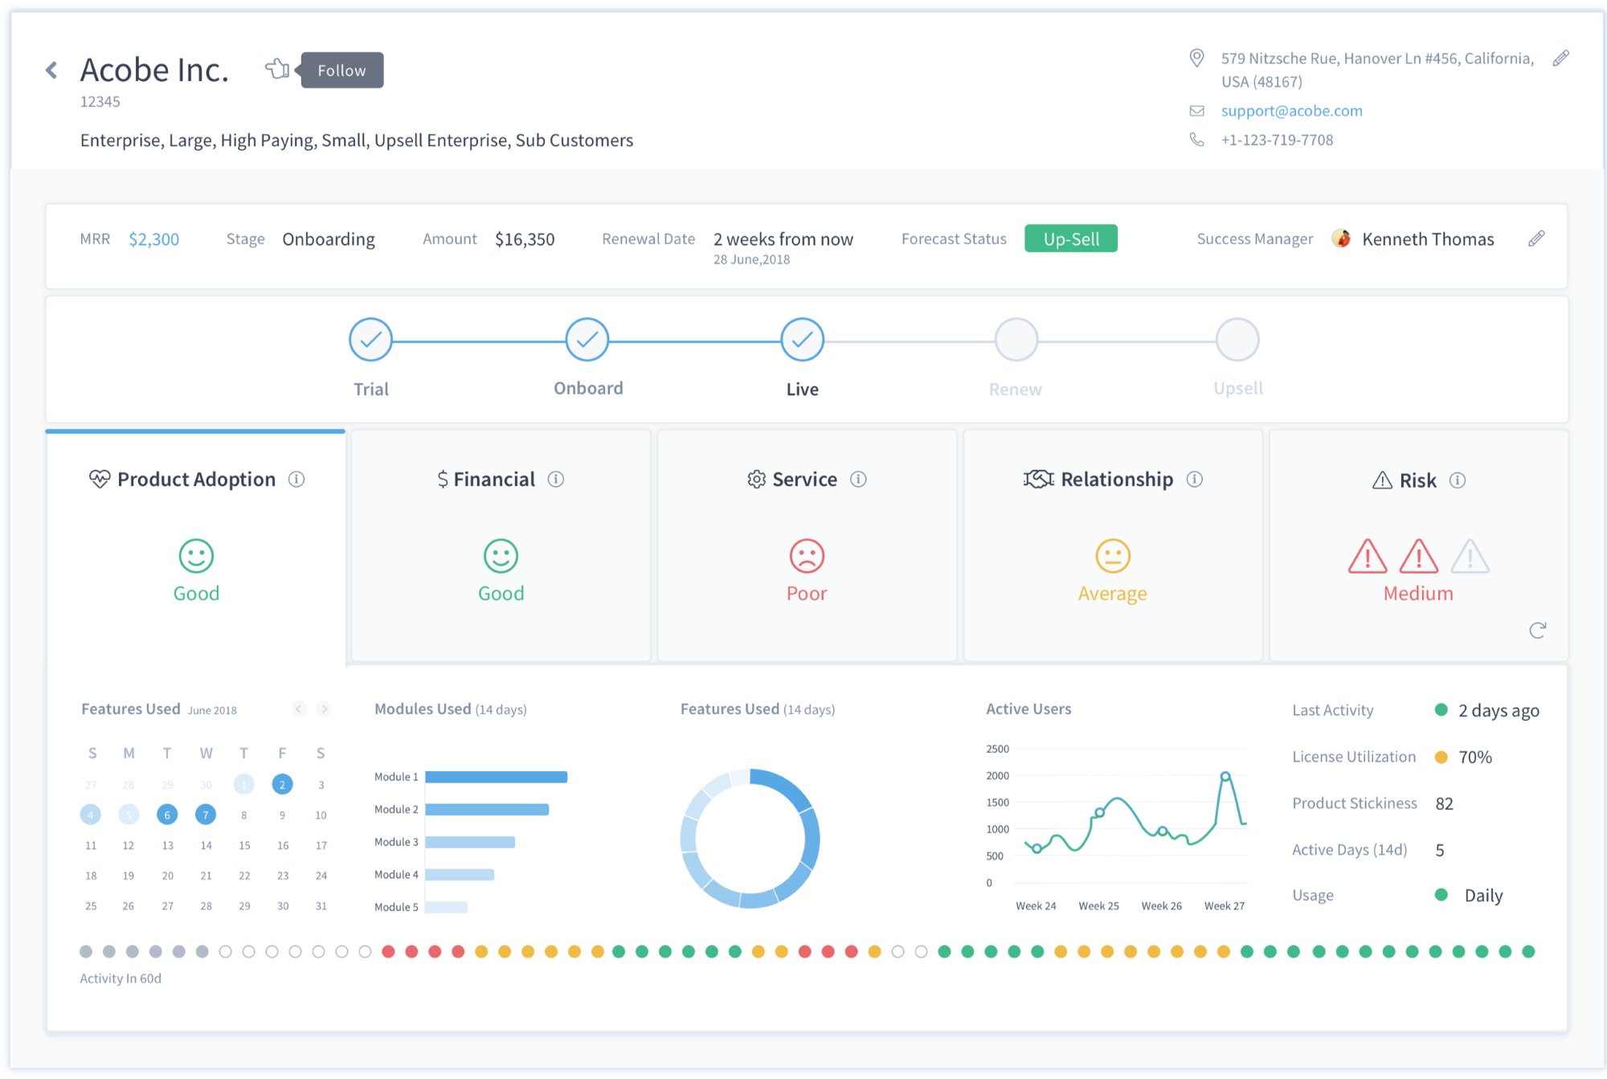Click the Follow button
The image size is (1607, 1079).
coord(341,71)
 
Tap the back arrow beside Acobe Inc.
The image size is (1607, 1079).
coord(52,71)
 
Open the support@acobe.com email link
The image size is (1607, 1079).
coord(1291,111)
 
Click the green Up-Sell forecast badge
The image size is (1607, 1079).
coord(1070,239)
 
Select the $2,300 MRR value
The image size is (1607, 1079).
coord(153,239)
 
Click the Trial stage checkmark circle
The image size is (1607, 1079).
coord(370,340)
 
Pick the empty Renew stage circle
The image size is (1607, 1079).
coord(1016,340)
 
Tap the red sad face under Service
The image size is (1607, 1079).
coord(807,556)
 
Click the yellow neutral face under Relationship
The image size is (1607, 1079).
coord(1113,556)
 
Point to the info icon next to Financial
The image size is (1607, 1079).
coord(556,480)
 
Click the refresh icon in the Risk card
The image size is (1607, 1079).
coord(1537,631)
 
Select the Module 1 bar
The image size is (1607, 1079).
coord(496,777)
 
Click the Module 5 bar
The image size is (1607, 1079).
coord(446,907)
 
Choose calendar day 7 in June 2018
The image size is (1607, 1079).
coord(206,815)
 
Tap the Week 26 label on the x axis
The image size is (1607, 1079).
coord(1161,906)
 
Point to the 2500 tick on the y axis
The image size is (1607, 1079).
coord(997,749)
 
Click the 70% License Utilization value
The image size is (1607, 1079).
coord(1474,757)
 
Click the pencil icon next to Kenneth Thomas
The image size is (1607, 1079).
coord(1536,239)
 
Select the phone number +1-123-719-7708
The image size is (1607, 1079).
coord(1277,140)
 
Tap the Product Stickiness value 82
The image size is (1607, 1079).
coord(1444,803)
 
